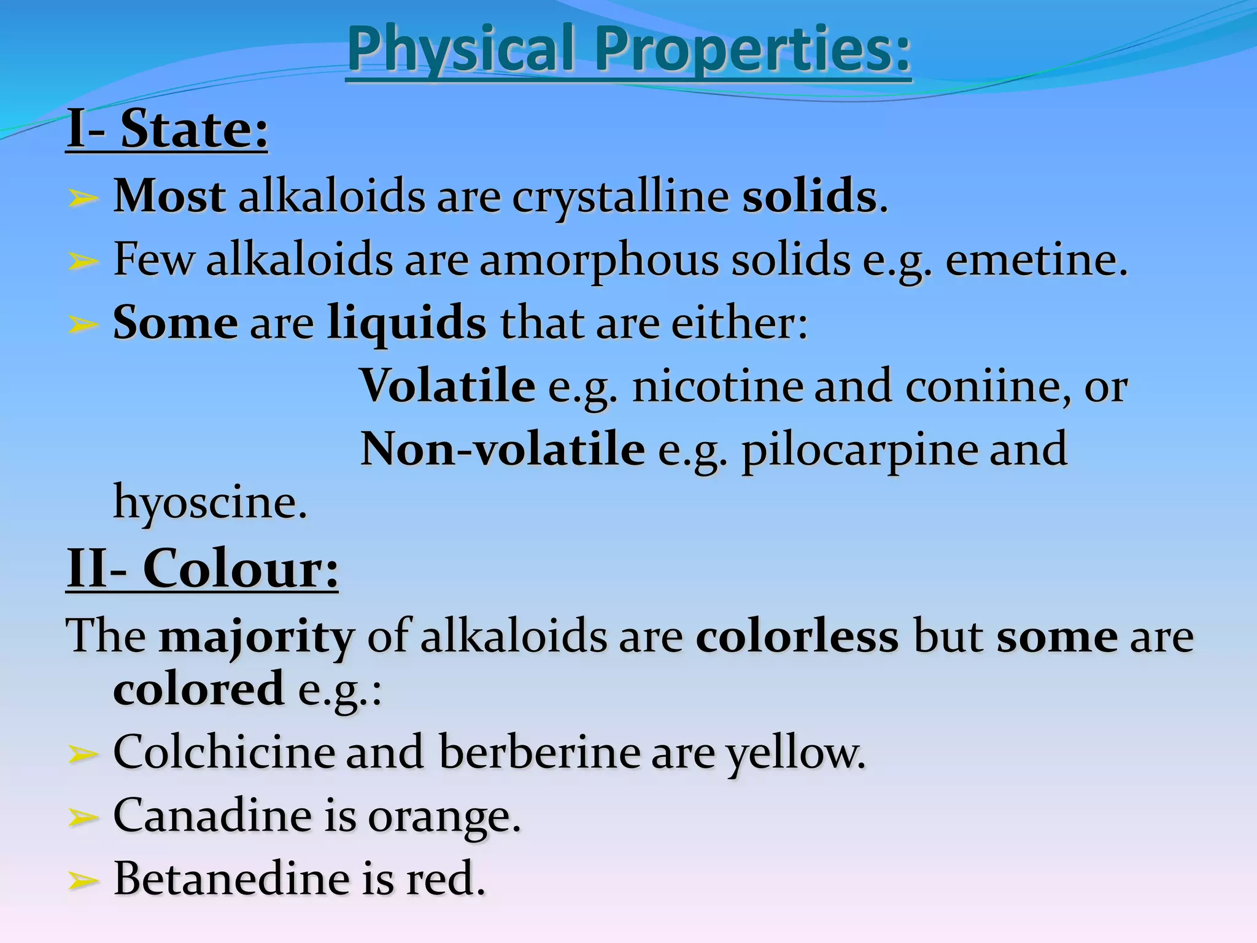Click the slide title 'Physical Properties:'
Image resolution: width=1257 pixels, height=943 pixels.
(x=628, y=49)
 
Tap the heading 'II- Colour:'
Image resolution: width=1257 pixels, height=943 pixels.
(x=202, y=569)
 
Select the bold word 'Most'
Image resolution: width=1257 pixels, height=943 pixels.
(x=169, y=196)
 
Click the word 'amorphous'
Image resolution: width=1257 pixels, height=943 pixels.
(x=598, y=260)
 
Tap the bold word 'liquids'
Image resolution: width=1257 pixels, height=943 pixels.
(x=407, y=322)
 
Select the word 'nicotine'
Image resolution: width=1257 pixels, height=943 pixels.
(x=717, y=387)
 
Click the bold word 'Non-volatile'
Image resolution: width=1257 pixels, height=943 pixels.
(x=503, y=449)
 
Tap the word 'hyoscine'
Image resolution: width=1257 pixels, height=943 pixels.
(x=209, y=503)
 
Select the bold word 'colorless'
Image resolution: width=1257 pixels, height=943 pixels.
(x=797, y=636)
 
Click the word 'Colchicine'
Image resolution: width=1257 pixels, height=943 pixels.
(x=223, y=752)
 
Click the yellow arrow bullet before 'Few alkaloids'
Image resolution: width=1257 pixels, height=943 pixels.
(x=82, y=262)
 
